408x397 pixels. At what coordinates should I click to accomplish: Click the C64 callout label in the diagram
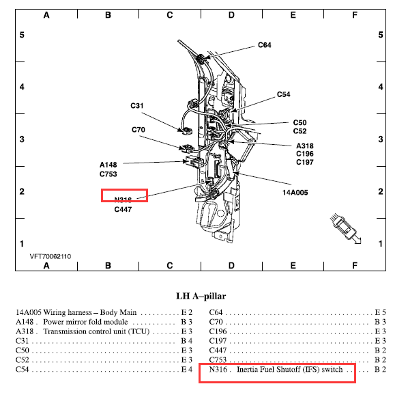(264, 45)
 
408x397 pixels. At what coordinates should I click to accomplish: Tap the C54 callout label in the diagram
(283, 94)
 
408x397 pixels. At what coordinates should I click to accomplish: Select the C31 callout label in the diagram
(137, 106)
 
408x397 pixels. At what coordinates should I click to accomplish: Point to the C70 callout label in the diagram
(139, 130)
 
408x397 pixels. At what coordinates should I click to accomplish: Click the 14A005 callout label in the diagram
(295, 193)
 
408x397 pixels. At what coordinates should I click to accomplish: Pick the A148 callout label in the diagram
(108, 165)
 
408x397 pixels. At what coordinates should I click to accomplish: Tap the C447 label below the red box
(123, 209)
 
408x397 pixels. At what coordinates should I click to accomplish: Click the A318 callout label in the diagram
(305, 146)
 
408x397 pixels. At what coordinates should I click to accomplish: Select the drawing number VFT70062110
(50, 256)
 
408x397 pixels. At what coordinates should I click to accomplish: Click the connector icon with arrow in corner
(345, 229)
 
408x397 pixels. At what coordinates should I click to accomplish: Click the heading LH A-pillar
(201, 296)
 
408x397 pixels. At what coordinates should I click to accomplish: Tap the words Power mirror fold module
(85, 322)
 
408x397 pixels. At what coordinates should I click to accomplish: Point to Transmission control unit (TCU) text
(96, 331)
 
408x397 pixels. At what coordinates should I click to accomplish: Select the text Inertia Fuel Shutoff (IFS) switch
(289, 370)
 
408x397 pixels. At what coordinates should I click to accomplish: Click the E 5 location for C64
(380, 312)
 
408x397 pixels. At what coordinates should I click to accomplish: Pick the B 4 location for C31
(186, 341)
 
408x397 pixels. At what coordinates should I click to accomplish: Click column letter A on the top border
(46, 15)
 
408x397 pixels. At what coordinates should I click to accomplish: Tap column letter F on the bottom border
(354, 266)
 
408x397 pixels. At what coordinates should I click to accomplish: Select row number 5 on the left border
(22, 35)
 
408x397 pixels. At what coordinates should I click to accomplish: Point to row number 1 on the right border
(381, 244)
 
